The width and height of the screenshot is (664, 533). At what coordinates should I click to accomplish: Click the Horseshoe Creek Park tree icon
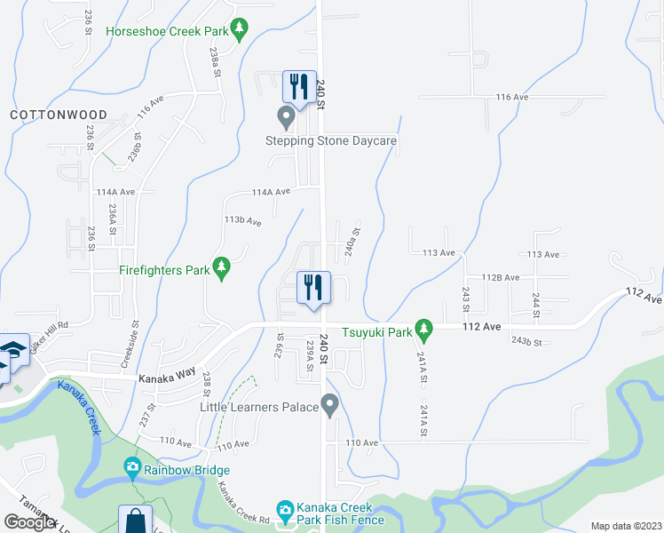[x=240, y=31]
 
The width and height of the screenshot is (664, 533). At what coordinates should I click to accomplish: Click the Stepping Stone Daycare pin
[x=286, y=116]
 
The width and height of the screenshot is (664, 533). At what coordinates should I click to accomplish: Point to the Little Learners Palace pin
[x=330, y=407]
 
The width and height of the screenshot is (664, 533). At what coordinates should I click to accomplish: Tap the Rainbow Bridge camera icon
[x=132, y=467]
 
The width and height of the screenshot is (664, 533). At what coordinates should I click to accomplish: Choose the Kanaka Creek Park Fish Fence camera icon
[x=285, y=511]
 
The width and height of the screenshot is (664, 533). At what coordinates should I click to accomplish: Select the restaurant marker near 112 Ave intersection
[x=312, y=288]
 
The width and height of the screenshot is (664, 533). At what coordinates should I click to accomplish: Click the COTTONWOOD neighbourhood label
[x=59, y=115]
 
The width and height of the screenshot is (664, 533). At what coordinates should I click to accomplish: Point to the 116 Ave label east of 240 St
[x=512, y=97]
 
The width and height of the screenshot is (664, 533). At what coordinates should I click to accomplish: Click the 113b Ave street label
[x=242, y=219]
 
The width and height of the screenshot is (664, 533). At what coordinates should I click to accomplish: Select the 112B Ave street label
[x=500, y=278]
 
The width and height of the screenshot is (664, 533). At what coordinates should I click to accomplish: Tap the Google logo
[x=31, y=522]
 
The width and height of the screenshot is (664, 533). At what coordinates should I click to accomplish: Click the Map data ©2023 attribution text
[x=626, y=526]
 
